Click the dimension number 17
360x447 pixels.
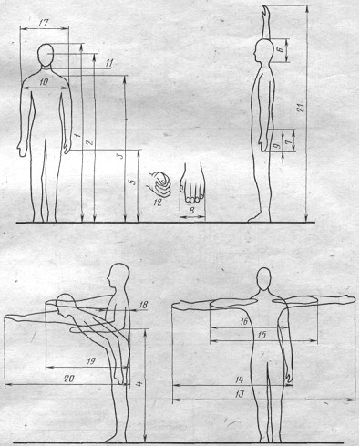click(x=44, y=23)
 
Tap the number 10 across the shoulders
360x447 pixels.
click(x=44, y=81)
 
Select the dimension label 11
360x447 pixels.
click(x=109, y=64)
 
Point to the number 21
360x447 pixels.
click(x=301, y=108)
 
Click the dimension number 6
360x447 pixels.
click(x=282, y=47)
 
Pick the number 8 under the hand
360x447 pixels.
click(x=191, y=211)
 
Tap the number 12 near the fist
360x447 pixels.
click(x=158, y=203)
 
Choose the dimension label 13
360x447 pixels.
click(x=240, y=394)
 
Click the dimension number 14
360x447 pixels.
click(x=240, y=379)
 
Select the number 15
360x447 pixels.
click(x=262, y=335)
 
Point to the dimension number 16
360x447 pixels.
click(x=244, y=321)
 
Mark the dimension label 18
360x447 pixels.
click(x=143, y=305)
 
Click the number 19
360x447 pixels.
click(x=91, y=361)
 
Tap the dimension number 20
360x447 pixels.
click(x=69, y=379)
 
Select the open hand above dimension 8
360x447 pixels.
click(x=192, y=182)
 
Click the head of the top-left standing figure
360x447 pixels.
click(x=46, y=55)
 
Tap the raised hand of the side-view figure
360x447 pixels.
click(x=266, y=12)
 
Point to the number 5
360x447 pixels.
click(x=131, y=182)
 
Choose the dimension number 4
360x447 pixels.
click(x=139, y=384)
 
